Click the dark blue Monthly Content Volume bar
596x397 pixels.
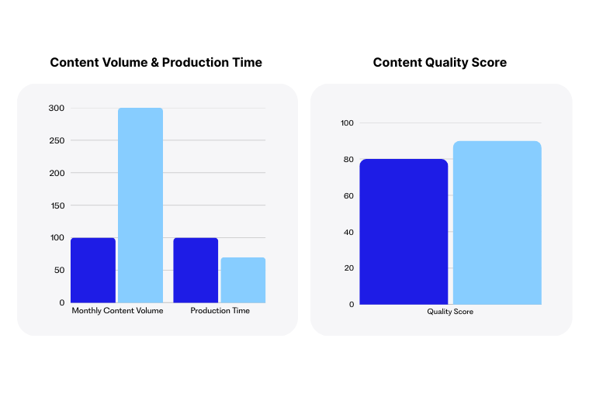click(x=93, y=270)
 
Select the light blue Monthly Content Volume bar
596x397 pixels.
click(x=140, y=205)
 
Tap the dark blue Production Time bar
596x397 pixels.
click(x=196, y=270)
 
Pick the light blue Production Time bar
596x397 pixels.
click(x=243, y=280)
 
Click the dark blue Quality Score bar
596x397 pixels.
click(x=404, y=232)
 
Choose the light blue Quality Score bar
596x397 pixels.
click(x=497, y=223)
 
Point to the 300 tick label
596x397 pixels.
click(x=57, y=108)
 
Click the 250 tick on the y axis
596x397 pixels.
click(x=57, y=140)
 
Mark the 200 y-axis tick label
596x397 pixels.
click(x=57, y=173)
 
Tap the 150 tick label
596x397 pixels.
click(x=57, y=205)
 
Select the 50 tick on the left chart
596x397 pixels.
click(x=59, y=270)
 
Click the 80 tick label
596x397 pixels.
click(x=348, y=159)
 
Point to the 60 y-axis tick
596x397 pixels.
click(x=348, y=195)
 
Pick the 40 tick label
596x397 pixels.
click(x=348, y=232)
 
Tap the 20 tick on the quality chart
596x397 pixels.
click(x=349, y=268)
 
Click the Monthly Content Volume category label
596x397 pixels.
click(x=117, y=311)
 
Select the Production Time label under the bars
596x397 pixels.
click(x=220, y=311)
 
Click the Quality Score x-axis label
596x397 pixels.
click(x=450, y=312)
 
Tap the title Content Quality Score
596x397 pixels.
click(x=440, y=62)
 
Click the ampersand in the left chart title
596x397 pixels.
click(x=154, y=62)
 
